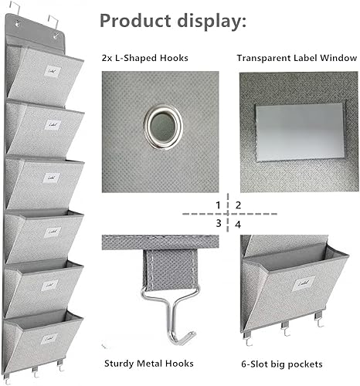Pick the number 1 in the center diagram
219,205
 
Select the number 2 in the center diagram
239,205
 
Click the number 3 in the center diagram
219,223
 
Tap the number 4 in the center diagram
239,223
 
